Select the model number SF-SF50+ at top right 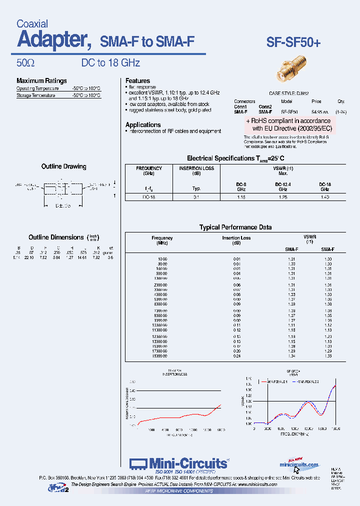pyautogui.click(x=293, y=42)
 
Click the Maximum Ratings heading pyautogui.click(x=41, y=81)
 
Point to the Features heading pyautogui.click(x=137, y=80)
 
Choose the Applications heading pyautogui.click(x=143, y=124)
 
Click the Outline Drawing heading pyautogui.click(x=63, y=166)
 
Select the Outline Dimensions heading pyautogui.click(x=56, y=237)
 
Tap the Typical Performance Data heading pyautogui.click(x=235, y=227)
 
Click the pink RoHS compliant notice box pyautogui.click(x=288, y=124)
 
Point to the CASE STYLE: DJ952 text pyautogui.click(x=289, y=93)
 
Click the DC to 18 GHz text pyautogui.click(x=110, y=63)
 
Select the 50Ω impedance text pyautogui.click(x=25, y=63)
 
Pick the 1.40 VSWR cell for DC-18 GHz pyautogui.click(x=324, y=197)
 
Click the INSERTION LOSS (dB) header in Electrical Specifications pyautogui.click(x=196, y=170)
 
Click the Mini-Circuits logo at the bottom pyautogui.click(x=179, y=463)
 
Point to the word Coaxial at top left pyautogui.click(x=32, y=24)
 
